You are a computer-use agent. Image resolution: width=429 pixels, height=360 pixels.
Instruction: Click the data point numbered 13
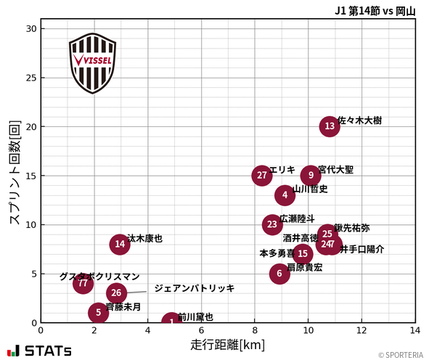click(x=330, y=126)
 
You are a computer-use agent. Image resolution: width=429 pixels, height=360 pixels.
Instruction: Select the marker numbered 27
click(x=262, y=176)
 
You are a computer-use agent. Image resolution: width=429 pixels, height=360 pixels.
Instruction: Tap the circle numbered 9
click(x=311, y=175)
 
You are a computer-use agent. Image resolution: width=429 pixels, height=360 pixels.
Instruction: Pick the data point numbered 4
click(x=285, y=195)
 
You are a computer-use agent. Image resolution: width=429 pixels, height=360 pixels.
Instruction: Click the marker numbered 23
click(x=272, y=224)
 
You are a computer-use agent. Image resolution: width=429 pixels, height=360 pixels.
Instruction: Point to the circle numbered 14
click(x=120, y=244)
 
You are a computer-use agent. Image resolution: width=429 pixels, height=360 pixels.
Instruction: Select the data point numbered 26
click(x=116, y=293)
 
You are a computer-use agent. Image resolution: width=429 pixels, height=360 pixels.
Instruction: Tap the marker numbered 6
click(x=279, y=274)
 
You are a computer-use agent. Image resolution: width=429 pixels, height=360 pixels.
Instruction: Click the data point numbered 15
click(x=303, y=253)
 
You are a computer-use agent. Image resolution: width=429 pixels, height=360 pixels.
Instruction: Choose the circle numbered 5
click(x=99, y=313)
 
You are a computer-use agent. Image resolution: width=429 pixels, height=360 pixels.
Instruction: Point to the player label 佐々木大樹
click(x=360, y=120)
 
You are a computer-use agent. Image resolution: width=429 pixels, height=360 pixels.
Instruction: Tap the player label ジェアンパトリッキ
click(x=194, y=288)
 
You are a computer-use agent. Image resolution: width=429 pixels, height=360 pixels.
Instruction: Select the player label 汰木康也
click(x=145, y=238)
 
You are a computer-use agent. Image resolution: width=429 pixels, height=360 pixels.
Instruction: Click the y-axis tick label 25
click(x=30, y=78)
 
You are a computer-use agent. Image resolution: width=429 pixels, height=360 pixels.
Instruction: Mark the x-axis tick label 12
click(x=361, y=331)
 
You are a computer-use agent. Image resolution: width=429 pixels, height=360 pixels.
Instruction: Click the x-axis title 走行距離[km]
click(x=227, y=343)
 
